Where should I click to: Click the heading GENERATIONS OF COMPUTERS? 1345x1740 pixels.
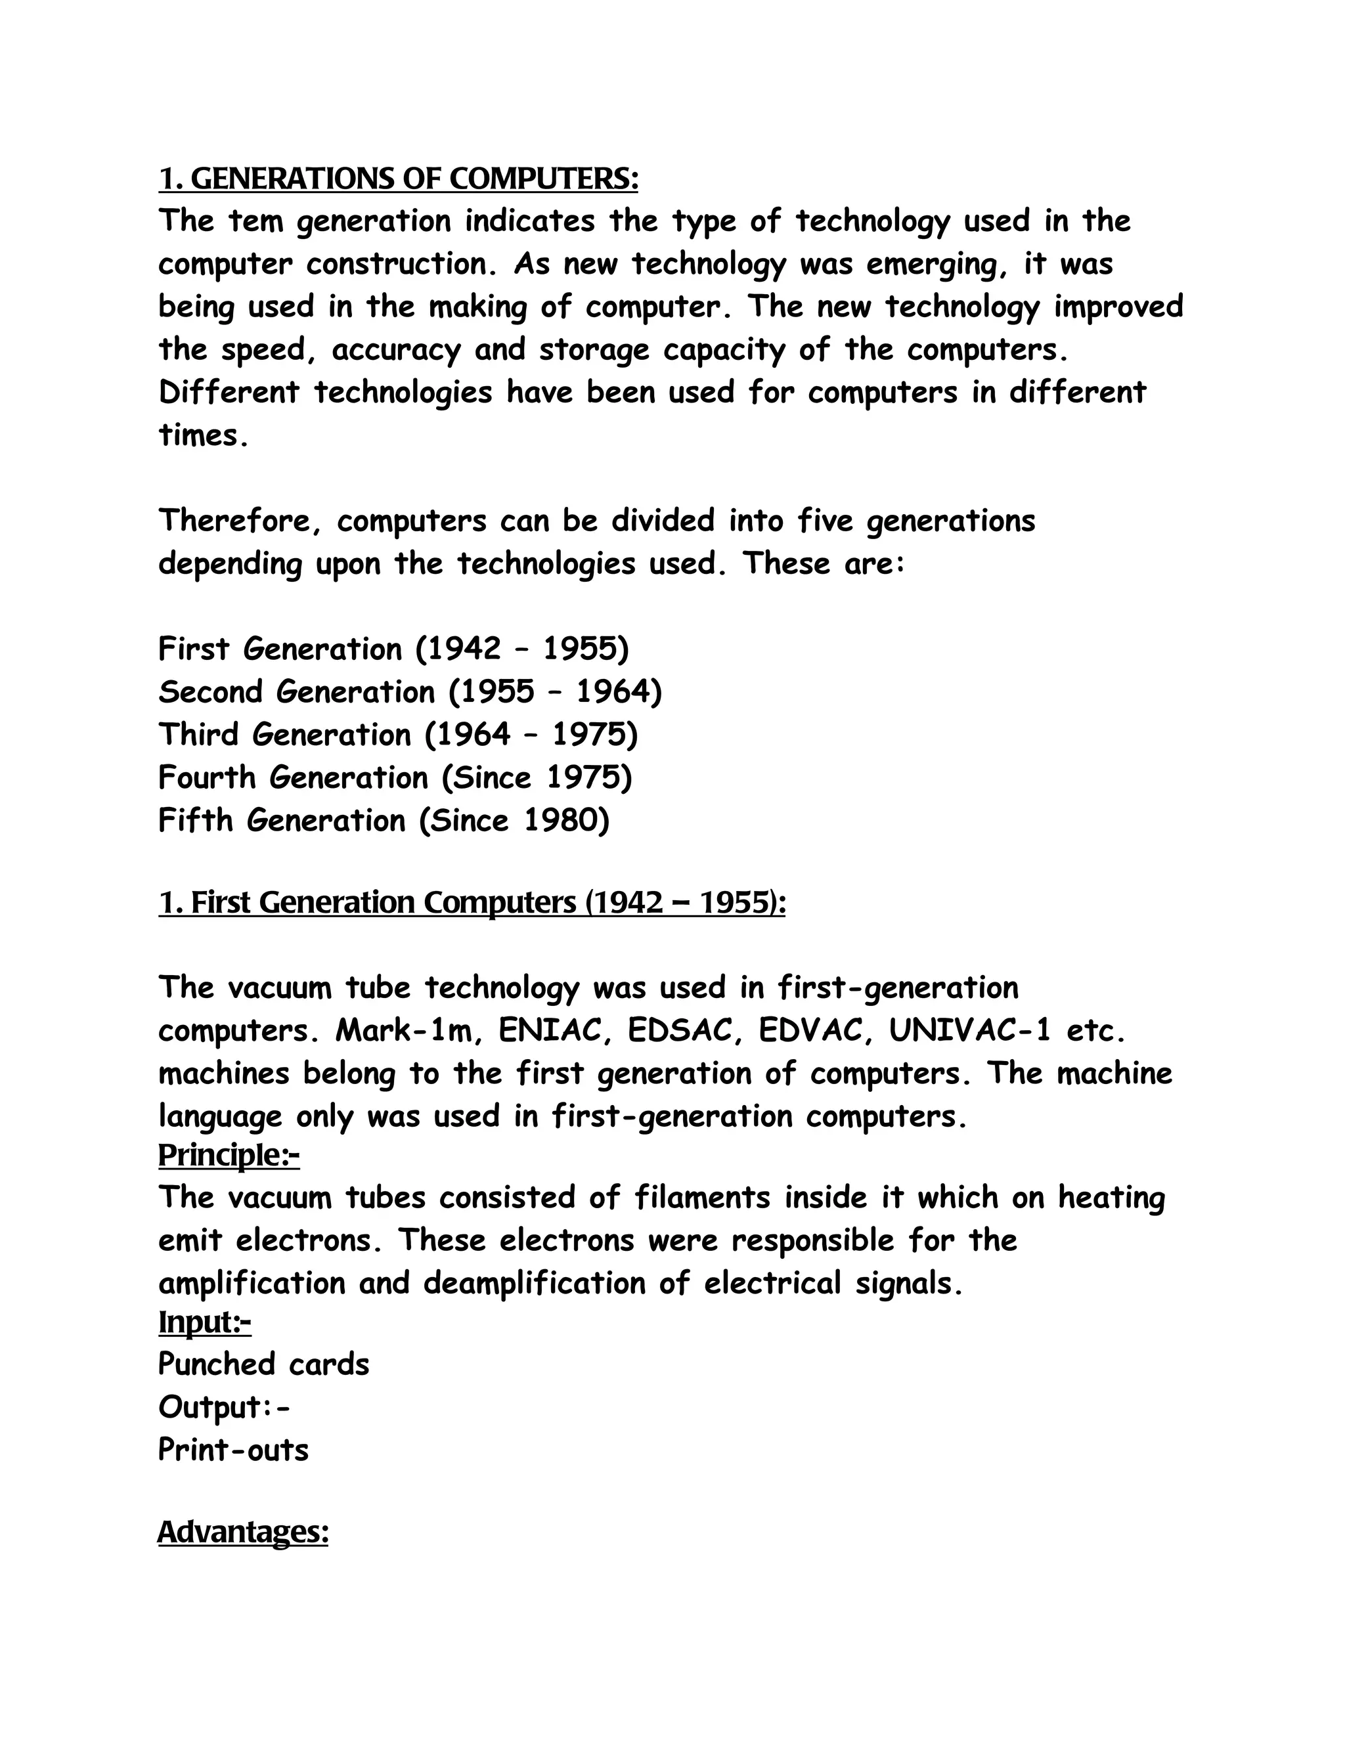[399, 179]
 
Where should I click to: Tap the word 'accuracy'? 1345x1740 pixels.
[395, 351]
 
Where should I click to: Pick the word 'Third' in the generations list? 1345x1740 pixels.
[198, 735]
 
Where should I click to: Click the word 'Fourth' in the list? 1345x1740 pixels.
[207, 777]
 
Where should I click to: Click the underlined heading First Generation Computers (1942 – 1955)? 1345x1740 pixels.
[472, 903]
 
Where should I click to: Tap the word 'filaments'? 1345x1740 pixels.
[702, 1198]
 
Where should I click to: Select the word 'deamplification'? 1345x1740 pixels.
[533, 1284]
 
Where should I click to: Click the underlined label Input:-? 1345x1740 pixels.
[205, 1322]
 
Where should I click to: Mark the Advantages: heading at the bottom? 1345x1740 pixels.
[243, 1531]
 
